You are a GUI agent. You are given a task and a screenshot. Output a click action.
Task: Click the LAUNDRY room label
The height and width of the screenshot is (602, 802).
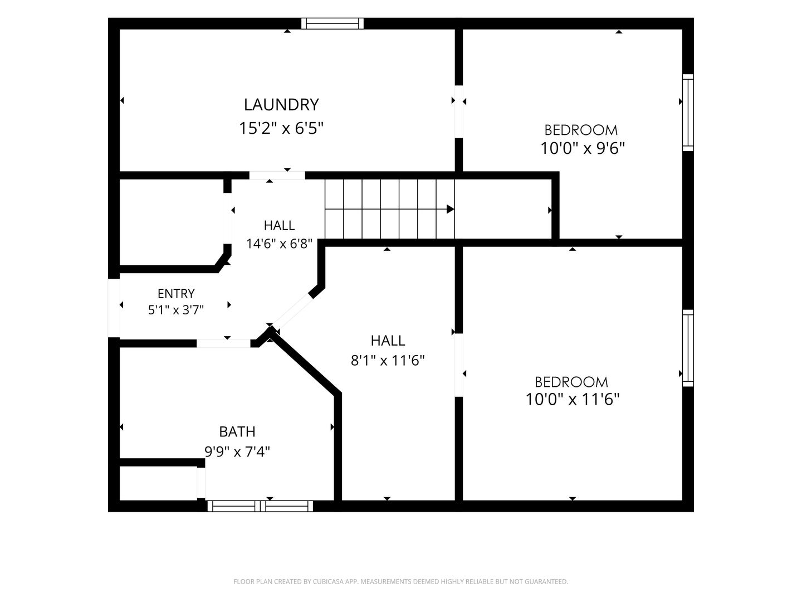pos(281,105)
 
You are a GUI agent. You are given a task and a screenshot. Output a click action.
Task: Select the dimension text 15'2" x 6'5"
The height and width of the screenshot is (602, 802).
pos(281,128)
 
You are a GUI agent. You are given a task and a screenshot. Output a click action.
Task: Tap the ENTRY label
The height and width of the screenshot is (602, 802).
pos(176,293)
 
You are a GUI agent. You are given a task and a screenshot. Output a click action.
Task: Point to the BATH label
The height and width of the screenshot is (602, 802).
pos(237,431)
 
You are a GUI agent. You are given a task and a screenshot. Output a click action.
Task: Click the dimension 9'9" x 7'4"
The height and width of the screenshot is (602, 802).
pos(237,452)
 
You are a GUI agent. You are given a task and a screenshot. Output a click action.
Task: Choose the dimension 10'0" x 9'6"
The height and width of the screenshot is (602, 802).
pos(583,148)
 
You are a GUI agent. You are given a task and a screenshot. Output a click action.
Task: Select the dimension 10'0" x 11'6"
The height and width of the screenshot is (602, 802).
pos(572,399)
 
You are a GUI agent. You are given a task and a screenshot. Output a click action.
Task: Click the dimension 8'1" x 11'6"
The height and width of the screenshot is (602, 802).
pos(388,361)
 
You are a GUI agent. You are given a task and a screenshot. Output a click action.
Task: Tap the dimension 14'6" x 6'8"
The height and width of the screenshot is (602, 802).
pos(279,244)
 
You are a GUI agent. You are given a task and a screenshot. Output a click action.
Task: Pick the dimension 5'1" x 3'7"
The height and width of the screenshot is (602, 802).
pos(176,310)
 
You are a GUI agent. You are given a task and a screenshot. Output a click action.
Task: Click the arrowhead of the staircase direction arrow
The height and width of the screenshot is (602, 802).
pos(451,209)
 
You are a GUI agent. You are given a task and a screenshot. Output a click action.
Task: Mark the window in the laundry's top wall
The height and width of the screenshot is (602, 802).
pos(332,23)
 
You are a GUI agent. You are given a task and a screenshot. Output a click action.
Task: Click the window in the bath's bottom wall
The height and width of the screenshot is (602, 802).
pos(260,506)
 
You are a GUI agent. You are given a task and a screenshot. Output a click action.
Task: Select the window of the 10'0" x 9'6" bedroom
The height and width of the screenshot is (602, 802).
pos(688,113)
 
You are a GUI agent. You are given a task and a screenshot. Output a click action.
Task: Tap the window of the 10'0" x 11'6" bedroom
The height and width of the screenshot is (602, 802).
pos(688,348)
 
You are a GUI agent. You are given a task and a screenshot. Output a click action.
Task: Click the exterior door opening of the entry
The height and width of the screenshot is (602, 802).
pos(114,308)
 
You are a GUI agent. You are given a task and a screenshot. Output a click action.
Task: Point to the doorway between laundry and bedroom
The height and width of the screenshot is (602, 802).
pos(459,112)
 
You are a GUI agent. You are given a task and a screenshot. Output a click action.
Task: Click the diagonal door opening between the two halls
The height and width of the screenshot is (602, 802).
pos(292,312)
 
